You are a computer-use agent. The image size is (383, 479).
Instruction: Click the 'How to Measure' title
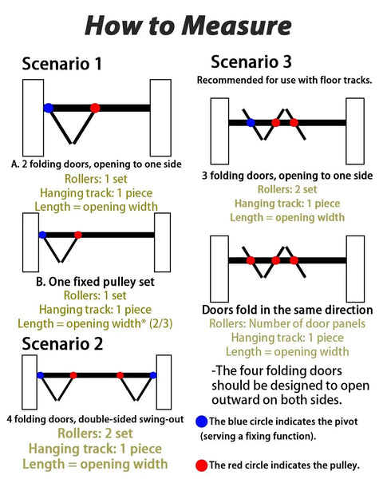point(188,26)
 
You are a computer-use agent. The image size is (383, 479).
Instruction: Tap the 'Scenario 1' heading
point(61,64)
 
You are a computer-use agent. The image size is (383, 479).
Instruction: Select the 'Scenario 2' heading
point(62,344)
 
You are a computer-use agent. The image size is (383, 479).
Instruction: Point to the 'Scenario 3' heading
point(251,61)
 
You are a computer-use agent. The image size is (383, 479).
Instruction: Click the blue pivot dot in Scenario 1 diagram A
point(48,108)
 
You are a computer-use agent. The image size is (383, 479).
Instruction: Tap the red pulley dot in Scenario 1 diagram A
point(95,108)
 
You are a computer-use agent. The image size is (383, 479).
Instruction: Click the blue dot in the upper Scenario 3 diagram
point(251,123)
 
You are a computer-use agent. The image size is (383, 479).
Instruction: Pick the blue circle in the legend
point(202,422)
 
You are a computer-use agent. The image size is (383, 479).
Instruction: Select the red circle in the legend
point(202,465)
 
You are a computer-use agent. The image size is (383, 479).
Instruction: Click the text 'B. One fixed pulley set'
point(95,282)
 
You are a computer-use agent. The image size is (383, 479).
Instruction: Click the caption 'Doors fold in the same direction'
point(287,310)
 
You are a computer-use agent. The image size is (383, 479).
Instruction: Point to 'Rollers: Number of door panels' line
point(287,323)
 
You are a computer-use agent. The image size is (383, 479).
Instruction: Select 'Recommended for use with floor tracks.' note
point(284,80)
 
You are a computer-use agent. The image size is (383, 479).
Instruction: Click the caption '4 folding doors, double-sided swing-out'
point(95,419)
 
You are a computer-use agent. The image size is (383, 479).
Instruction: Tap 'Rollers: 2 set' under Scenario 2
point(95,433)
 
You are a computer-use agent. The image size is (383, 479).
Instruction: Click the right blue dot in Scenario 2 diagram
point(153,375)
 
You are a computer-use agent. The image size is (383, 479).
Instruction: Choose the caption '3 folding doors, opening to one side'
point(287,176)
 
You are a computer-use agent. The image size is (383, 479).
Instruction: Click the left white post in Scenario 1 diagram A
point(33,117)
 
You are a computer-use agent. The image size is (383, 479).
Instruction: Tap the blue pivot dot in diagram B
point(42,235)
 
